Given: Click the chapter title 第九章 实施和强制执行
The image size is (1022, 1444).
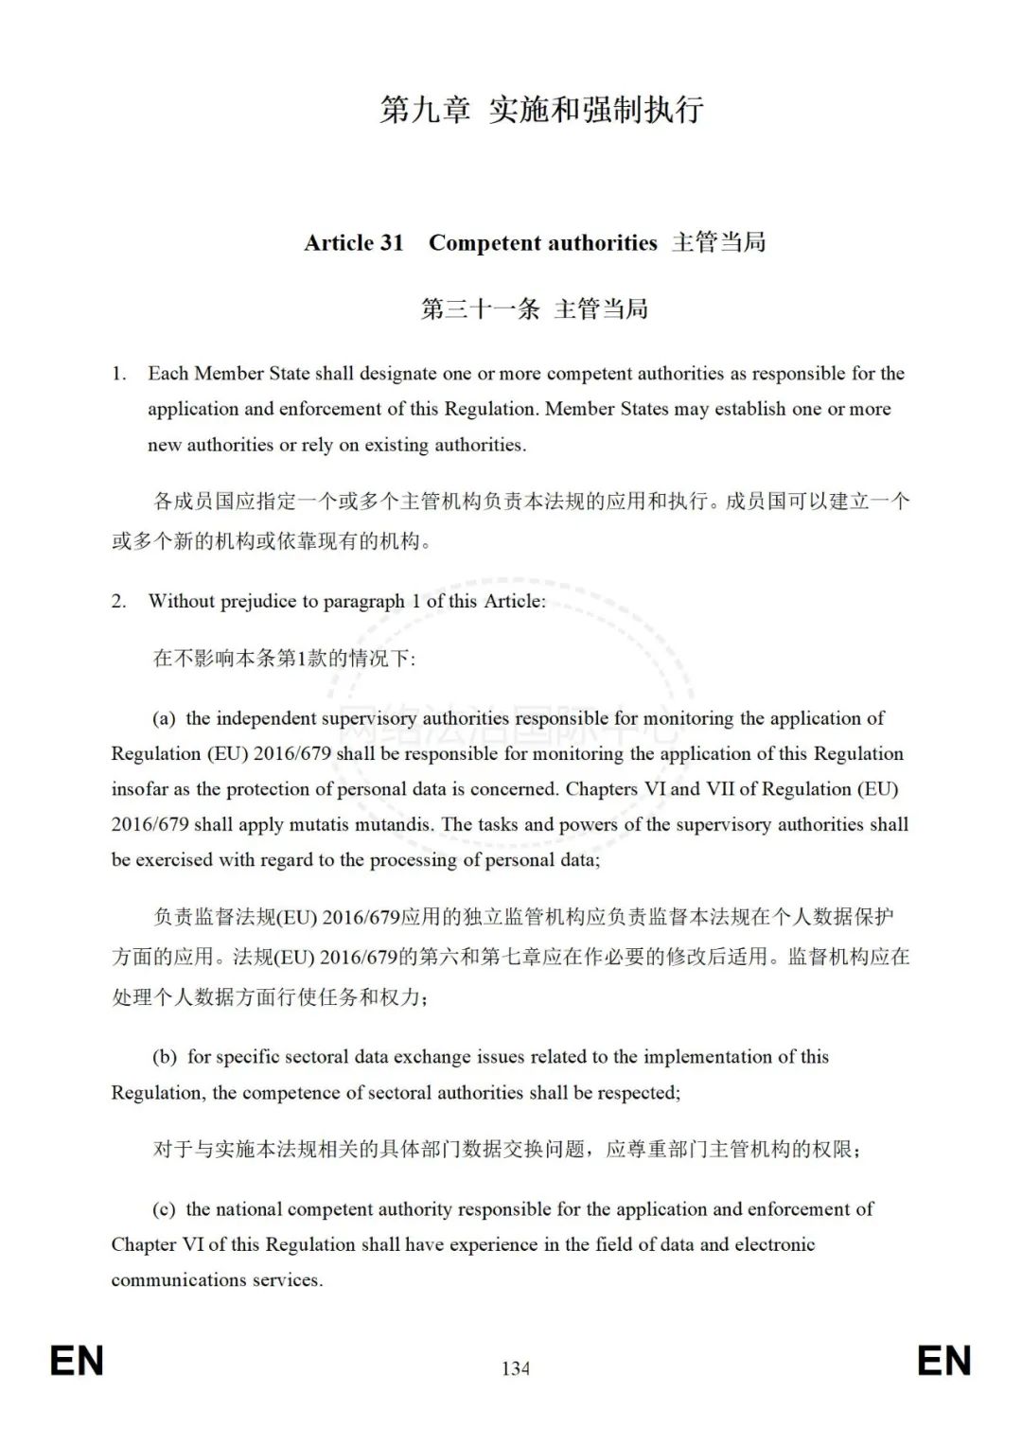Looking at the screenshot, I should pyautogui.click(x=541, y=110).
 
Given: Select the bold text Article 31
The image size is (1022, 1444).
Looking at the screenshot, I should pyautogui.click(x=354, y=243).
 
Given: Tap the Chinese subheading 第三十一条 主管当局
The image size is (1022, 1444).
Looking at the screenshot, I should pyautogui.click(x=534, y=308).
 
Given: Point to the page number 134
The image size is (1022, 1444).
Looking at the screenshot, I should pyautogui.click(x=516, y=1368).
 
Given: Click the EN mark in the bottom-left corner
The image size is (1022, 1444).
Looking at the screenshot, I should pyautogui.click(x=77, y=1361).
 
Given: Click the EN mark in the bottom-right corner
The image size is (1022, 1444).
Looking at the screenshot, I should pyautogui.click(x=943, y=1361).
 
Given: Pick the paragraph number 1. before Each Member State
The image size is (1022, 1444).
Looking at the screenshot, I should pyautogui.click(x=118, y=374).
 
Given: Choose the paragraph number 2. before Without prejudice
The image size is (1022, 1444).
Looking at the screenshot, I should pyautogui.click(x=118, y=601).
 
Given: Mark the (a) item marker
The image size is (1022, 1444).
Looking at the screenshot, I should pyautogui.click(x=164, y=718).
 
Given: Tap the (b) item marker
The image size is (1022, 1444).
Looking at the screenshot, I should pyautogui.click(x=165, y=1057).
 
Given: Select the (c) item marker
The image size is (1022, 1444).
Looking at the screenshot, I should pyautogui.click(x=164, y=1209).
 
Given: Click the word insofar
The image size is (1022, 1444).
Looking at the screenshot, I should pyautogui.click(x=140, y=789).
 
